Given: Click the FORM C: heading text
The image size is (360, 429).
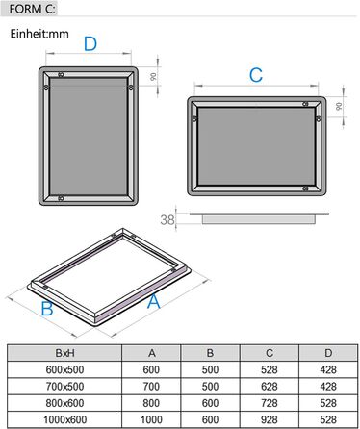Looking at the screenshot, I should coord(31,9).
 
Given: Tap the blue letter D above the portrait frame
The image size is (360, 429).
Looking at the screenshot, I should coord(90,44).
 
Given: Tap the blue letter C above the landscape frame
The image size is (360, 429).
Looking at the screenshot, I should coord(256,75).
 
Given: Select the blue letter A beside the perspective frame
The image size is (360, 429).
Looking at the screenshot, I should coord(152,301).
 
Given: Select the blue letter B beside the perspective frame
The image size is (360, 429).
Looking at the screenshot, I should coord(45,309).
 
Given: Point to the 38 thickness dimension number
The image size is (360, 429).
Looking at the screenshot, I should coord(167,220).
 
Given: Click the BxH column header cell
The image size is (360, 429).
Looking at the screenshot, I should coord(66,352).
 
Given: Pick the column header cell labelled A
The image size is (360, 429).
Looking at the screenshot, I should coord(152,352).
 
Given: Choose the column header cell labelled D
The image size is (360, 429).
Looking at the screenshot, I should coord(327,352).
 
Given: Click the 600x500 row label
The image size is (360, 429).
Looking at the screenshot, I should coord(66,369).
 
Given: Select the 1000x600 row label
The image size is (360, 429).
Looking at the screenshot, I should coord(66,419).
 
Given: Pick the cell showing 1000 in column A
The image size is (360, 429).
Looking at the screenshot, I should coord(152,419).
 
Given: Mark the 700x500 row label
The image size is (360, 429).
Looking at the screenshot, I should coord(66,386).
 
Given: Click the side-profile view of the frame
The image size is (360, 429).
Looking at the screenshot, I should coord(260,217).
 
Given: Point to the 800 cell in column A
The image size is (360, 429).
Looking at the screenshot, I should coord(152,403).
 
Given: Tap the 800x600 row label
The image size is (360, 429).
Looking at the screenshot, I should coord(66,403).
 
